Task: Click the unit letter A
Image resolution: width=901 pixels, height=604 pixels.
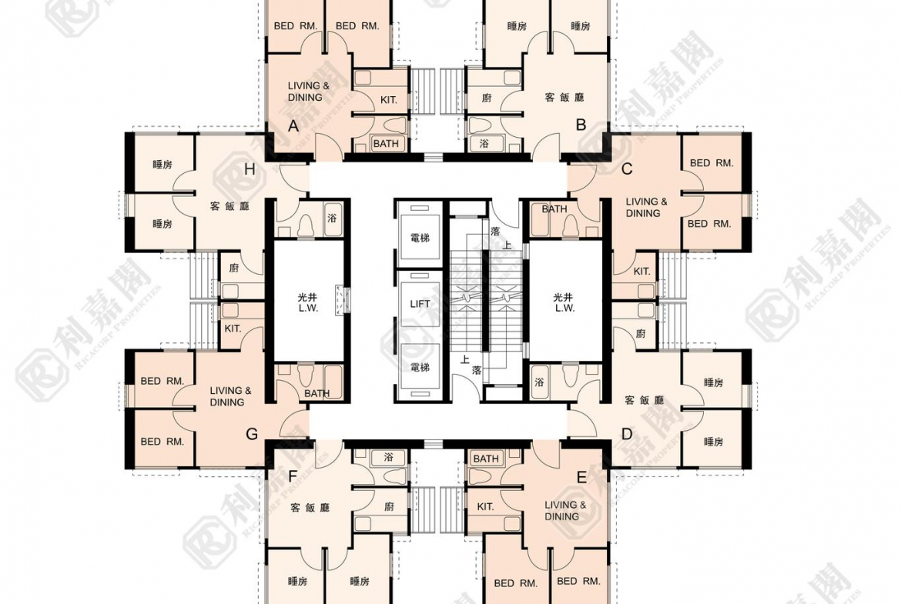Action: coord(293,125)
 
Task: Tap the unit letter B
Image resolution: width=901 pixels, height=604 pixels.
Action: coord(581,125)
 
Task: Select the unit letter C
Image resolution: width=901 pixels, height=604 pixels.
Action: coord(627,169)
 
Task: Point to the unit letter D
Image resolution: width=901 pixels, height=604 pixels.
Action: coord(627,434)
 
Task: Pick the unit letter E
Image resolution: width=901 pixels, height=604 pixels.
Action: coord(581,478)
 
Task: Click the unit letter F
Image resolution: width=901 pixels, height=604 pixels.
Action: coord(293,476)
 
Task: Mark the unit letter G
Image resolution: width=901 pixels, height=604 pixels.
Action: coord(252,434)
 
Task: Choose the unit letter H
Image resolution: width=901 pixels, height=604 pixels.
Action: coord(250,169)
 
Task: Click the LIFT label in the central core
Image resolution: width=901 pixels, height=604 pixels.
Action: coord(420,304)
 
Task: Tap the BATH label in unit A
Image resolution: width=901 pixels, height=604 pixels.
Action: coord(386,144)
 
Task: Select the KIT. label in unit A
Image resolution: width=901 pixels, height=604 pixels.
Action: coord(389,100)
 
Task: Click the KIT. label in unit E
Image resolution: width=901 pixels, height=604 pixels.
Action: coord(486,506)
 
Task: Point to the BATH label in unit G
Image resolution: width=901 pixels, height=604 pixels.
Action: coord(317,393)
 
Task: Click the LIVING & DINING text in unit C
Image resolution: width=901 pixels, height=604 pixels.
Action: coord(646,207)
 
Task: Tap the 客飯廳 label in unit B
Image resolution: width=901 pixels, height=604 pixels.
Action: coord(564,97)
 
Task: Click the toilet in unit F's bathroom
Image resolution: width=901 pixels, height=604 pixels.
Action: coord(393,476)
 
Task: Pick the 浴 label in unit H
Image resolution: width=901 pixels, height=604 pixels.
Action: coord(332,218)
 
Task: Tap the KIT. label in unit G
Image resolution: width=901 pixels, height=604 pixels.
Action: coord(233,329)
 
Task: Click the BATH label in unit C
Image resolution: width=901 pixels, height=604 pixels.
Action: coord(554,209)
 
